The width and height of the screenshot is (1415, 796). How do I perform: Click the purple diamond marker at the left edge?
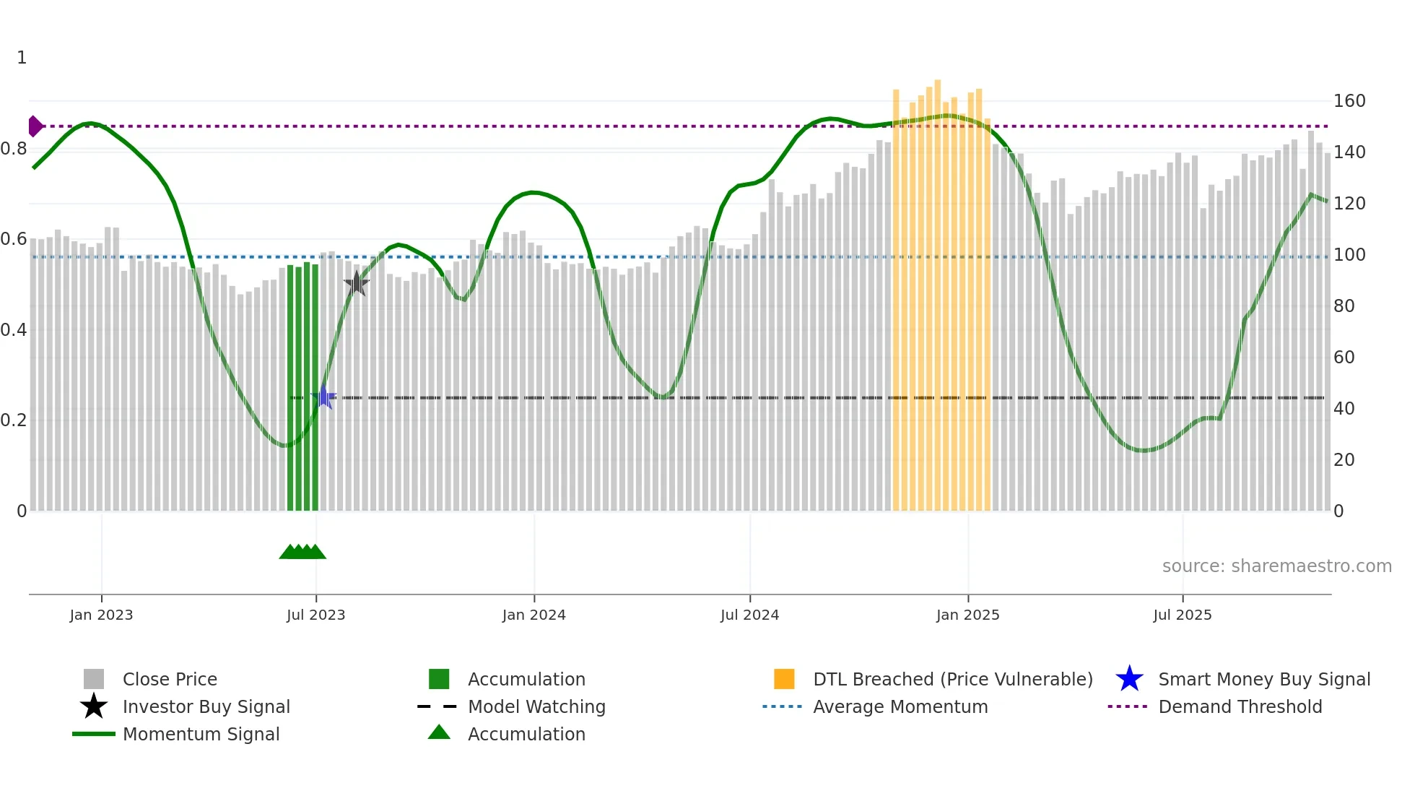click(x=35, y=126)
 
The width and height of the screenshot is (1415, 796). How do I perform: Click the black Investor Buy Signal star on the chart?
click(x=356, y=284)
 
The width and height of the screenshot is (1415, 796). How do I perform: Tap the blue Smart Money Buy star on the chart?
click(x=323, y=397)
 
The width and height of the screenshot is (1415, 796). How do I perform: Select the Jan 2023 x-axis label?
click(x=101, y=615)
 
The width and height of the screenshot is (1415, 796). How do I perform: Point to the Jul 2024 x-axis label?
click(x=749, y=615)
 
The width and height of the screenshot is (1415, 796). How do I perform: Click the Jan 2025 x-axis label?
click(x=967, y=615)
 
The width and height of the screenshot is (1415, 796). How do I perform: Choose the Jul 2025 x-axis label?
click(x=1182, y=615)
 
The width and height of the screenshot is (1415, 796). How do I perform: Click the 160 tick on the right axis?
click(x=1349, y=101)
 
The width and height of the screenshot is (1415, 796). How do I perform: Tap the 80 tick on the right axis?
click(x=1344, y=306)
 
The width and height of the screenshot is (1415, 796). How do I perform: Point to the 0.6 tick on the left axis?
click(x=14, y=239)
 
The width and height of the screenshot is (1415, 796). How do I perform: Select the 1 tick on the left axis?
click(x=22, y=58)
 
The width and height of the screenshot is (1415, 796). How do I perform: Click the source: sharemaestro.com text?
click(x=1276, y=566)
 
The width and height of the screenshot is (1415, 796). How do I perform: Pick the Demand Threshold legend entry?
click(x=1240, y=706)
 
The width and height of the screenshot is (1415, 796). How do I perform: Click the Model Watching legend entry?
click(x=536, y=706)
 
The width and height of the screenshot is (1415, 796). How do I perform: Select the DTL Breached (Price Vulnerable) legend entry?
click(x=952, y=679)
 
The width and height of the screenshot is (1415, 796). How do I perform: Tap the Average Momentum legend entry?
click(x=900, y=706)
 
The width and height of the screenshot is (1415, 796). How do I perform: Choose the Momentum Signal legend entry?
click(x=201, y=734)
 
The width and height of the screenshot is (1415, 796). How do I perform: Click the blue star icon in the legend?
click(x=1129, y=679)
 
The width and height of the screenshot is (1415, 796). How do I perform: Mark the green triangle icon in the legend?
click(x=439, y=732)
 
